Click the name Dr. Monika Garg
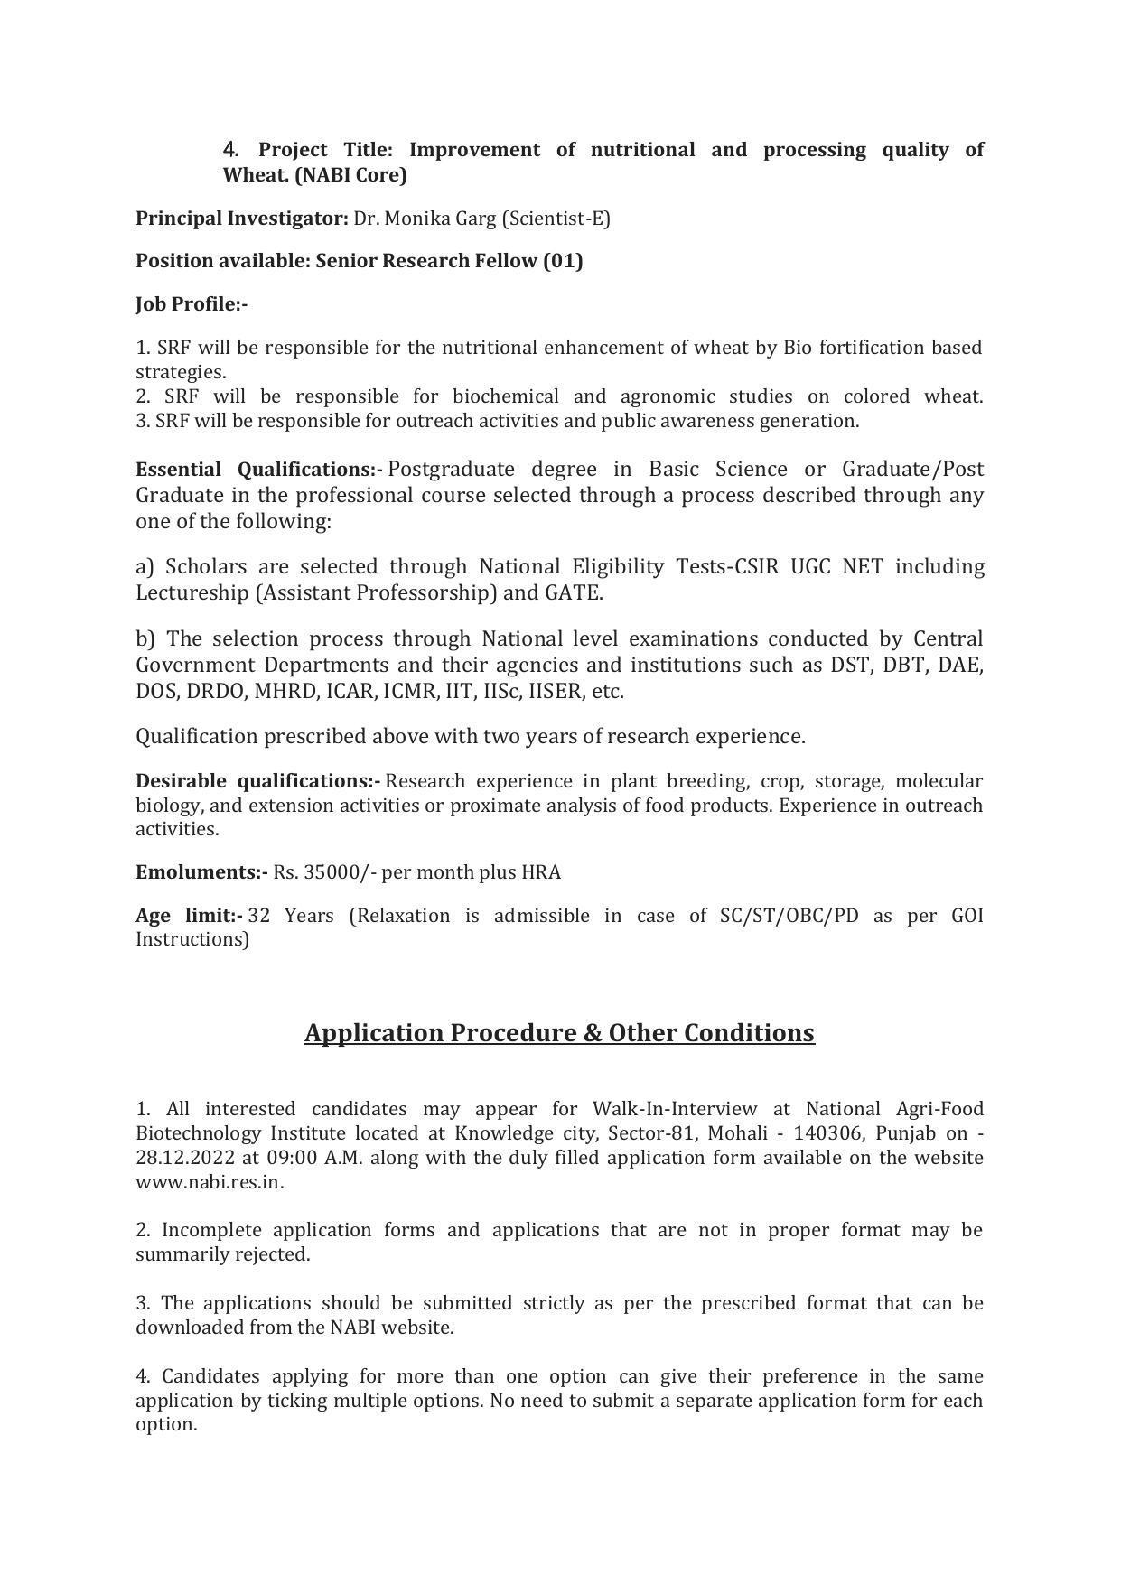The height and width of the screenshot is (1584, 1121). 425,219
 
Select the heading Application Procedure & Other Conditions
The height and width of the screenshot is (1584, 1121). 559,1033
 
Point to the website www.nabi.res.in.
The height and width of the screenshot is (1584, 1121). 210,1182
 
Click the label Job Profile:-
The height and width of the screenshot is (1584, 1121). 192,304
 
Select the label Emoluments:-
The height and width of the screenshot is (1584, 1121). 201,872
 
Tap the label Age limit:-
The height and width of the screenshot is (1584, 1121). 189,916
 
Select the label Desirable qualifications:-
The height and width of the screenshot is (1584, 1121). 258,781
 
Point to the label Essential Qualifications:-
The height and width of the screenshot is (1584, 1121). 259,470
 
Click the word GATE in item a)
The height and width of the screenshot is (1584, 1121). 573,593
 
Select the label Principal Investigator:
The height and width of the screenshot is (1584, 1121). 241,219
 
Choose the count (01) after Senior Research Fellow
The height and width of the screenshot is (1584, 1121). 562,261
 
